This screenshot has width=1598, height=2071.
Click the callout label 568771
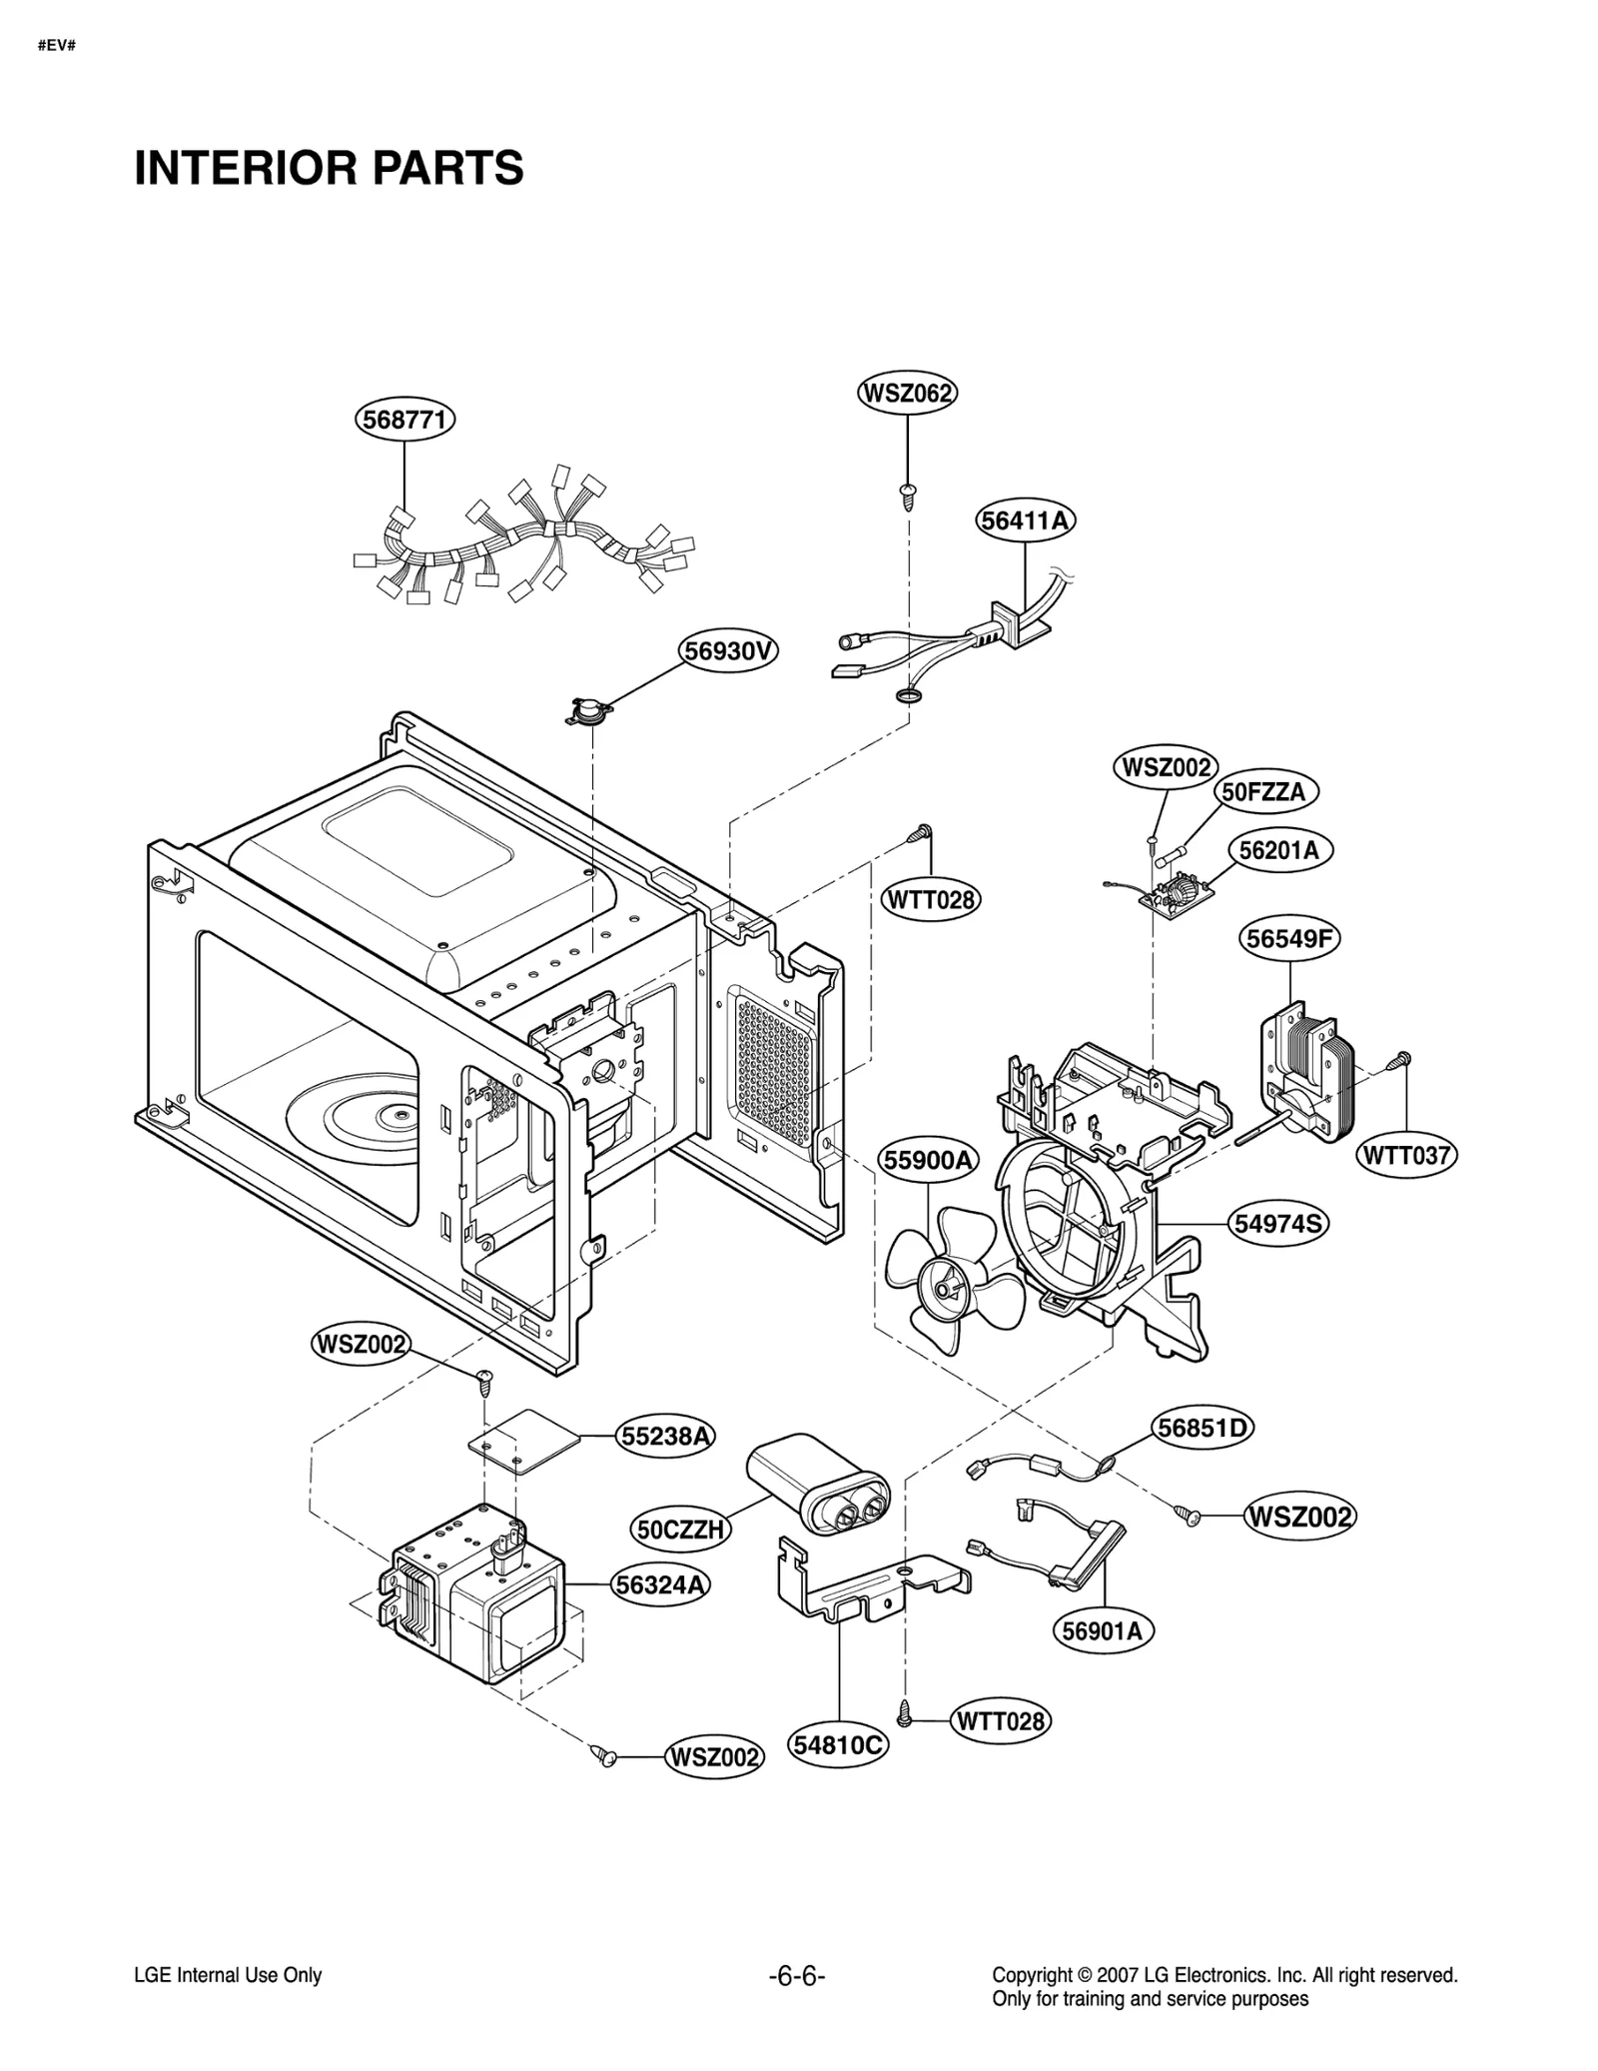pos(404,419)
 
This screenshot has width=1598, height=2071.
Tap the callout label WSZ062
pos(907,393)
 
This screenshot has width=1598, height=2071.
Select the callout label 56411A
pos(1026,520)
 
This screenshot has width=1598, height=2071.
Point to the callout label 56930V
pos(729,651)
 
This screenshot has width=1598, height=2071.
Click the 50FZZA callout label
pos(1265,792)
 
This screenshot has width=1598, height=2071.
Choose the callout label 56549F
pos(1289,938)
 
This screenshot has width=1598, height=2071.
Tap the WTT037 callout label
pos(1406,1156)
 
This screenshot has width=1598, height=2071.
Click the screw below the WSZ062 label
pos(908,496)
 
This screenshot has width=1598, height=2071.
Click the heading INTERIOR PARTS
pos(329,168)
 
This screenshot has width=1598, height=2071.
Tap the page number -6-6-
pos(797,1976)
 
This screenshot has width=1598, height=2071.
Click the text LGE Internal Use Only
pos(228,1975)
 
